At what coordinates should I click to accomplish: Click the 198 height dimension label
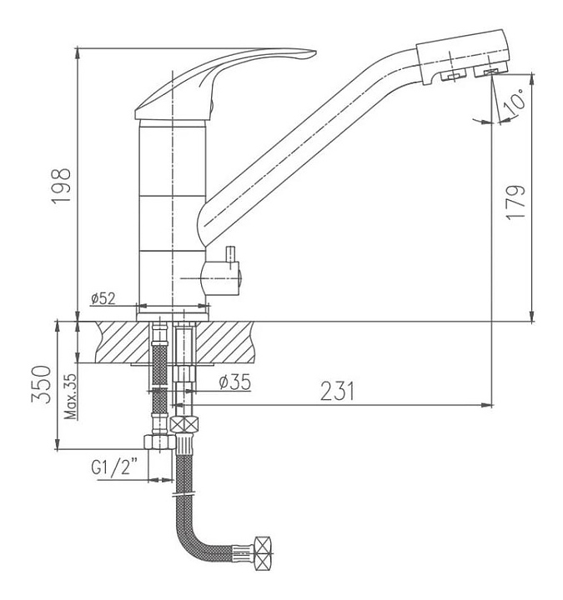coord(61,187)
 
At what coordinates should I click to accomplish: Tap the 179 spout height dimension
coord(515,202)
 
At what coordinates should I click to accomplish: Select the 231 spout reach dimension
coord(338,391)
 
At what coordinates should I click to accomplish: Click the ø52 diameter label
coord(103,298)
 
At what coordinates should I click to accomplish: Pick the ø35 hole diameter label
coord(234,382)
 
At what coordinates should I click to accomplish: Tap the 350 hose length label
coord(41,384)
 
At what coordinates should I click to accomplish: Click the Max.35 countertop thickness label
coord(70,397)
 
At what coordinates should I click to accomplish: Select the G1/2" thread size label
coord(114,467)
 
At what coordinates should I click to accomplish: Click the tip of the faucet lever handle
coord(314,52)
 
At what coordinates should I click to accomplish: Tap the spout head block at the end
coord(464,57)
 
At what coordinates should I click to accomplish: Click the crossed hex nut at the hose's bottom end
coord(264,553)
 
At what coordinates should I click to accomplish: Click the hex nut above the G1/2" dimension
coord(159,442)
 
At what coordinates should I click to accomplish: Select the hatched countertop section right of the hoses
coord(225,342)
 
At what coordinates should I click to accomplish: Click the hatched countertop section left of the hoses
coord(122,342)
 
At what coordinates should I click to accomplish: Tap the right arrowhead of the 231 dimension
coord(487,405)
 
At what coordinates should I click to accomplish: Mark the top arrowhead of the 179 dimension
coord(531,78)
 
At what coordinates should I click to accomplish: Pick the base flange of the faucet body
coord(173,317)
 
